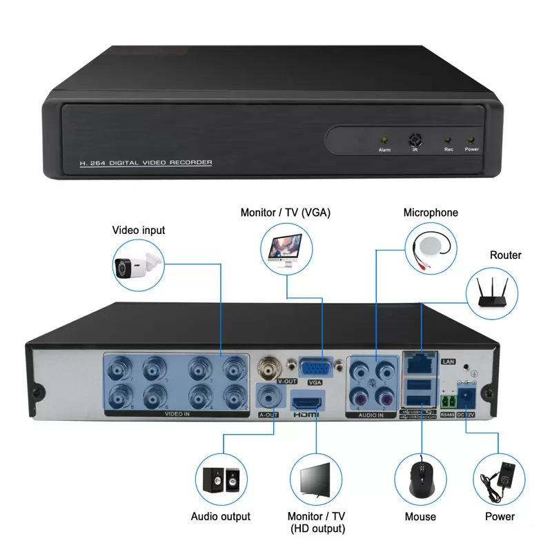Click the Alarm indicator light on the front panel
click(x=385, y=140)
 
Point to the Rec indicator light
click(x=448, y=140)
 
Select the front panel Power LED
click(x=472, y=140)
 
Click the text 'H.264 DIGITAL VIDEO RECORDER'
click(x=146, y=163)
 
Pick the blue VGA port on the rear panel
click(x=315, y=367)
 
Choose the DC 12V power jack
click(x=467, y=397)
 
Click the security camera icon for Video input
click(x=139, y=265)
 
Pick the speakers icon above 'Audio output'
click(x=221, y=479)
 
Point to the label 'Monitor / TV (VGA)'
click(x=285, y=213)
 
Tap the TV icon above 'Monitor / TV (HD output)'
click(x=316, y=479)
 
